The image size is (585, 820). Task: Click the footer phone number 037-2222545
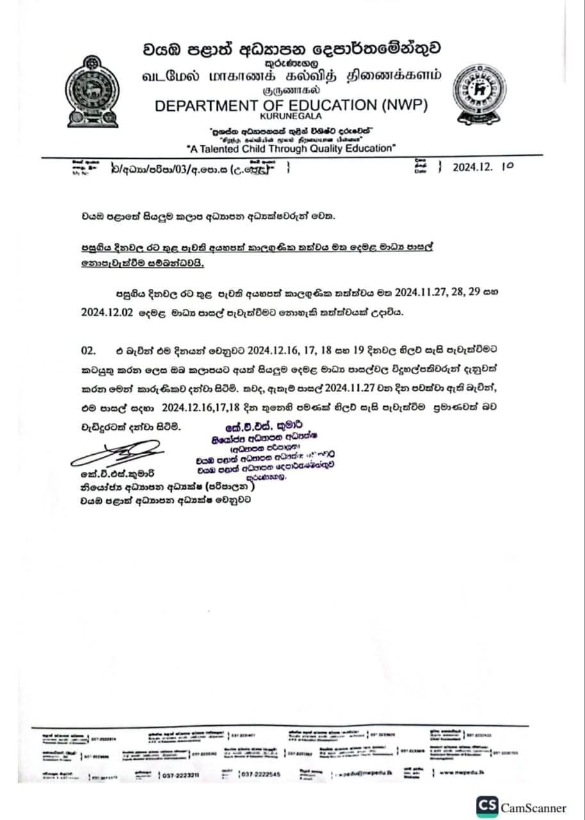point(260,775)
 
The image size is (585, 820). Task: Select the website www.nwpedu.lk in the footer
point(461,773)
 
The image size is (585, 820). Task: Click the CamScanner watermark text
point(533,808)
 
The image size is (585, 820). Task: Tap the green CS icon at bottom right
point(486,807)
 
